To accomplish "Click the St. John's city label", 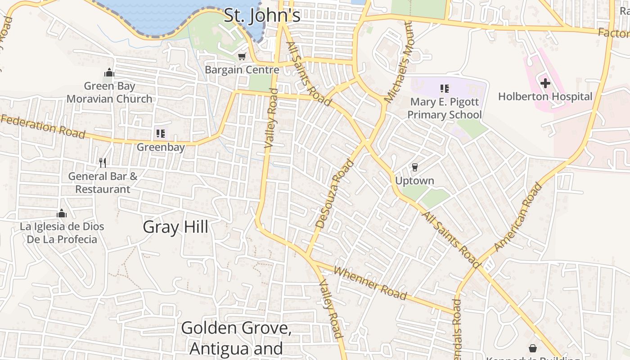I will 262,15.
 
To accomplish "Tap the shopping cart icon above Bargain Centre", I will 242,56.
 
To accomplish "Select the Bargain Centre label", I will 242,70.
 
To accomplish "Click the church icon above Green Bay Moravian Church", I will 109,72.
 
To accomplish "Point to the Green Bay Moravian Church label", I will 109,92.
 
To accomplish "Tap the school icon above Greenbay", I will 161,133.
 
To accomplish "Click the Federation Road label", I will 43,126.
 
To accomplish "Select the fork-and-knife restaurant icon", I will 103,162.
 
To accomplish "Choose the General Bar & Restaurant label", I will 103,183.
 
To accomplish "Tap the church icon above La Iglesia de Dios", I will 62,213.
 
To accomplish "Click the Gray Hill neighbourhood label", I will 175,227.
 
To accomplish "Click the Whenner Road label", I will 371,283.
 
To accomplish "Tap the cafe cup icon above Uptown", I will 414,167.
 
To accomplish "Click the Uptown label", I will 414,181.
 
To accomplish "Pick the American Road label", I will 518,216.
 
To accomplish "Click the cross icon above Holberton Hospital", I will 545,83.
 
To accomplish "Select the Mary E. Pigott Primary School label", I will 445,108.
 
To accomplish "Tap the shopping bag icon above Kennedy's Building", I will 533,348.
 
